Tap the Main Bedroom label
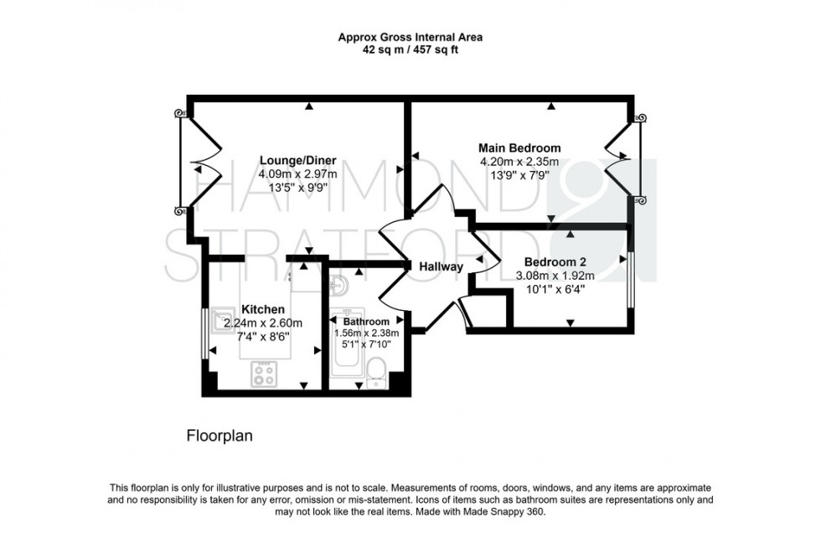[x=519, y=148]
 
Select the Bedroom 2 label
[x=554, y=261]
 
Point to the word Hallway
[x=441, y=266]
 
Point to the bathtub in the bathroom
[x=345, y=352]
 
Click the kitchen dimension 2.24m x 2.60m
[x=263, y=323]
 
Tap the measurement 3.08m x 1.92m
[x=554, y=275]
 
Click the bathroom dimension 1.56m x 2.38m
[x=366, y=333]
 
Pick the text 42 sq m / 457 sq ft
[x=410, y=49]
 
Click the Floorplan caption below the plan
[x=218, y=436]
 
